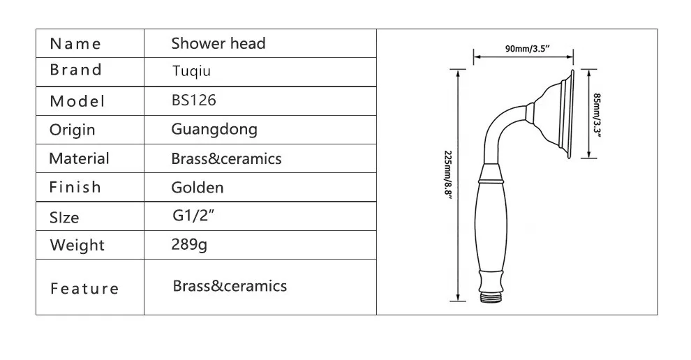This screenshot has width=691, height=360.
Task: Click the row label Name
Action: (x=75, y=44)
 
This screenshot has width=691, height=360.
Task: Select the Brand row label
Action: (x=75, y=70)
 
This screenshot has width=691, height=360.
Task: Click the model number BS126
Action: (x=193, y=100)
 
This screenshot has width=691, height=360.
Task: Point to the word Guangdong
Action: (x=214, y=129)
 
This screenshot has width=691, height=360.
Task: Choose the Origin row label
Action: (x=72, y=130)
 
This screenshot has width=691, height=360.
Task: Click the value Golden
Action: (x=197, y=187)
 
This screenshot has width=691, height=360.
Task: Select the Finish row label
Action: (x=75, y=187)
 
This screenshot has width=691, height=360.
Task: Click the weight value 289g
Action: (x=189, y=245)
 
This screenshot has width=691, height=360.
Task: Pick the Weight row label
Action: (x=77, y=245)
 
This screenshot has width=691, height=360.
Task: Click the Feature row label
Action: (x=84, y=288)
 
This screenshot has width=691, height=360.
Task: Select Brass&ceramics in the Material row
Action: (x=226, y=158)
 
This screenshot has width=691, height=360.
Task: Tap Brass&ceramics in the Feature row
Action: (x=229, y=285)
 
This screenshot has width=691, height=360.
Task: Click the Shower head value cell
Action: (x=218, y=43)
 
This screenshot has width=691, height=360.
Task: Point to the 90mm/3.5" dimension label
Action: (x=523, y=47)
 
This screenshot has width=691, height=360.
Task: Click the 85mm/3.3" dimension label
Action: (x=597, y=114)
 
